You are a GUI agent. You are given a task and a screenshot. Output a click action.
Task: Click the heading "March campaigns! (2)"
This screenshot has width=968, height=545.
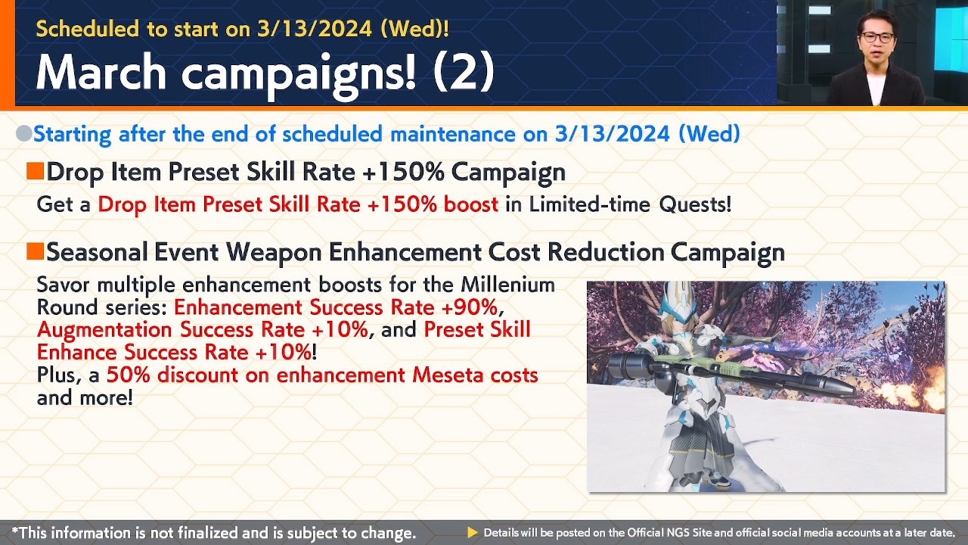(265, 73)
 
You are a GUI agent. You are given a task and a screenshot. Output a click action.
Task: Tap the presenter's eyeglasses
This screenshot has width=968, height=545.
(876, 37)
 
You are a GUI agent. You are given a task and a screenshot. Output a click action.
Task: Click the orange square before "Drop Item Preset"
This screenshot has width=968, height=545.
(35, 172)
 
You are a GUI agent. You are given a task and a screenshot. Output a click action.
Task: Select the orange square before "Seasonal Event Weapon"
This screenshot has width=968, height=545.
(35, 251)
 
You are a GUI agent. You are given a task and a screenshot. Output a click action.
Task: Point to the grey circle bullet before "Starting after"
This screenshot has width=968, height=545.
(23, 134)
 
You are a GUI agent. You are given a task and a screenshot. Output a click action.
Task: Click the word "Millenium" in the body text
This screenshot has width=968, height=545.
(507, 285)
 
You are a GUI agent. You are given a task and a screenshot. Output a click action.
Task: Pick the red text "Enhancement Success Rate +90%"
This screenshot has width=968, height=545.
(336, 307)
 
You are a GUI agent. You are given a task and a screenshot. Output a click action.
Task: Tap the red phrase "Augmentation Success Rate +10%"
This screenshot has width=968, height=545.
(202, 330)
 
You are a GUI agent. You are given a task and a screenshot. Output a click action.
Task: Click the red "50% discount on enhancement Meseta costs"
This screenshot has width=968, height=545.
(322, 375)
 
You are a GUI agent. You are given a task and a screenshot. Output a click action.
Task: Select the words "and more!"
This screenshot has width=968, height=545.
(85, 397)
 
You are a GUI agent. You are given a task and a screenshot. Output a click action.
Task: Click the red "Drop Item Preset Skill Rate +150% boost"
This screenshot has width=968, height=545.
(298, 204)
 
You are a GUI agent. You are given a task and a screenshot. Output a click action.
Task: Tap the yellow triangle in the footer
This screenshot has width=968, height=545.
(473, 533)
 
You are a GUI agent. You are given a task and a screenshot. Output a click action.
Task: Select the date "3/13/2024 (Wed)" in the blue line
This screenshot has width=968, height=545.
(647, 134)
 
